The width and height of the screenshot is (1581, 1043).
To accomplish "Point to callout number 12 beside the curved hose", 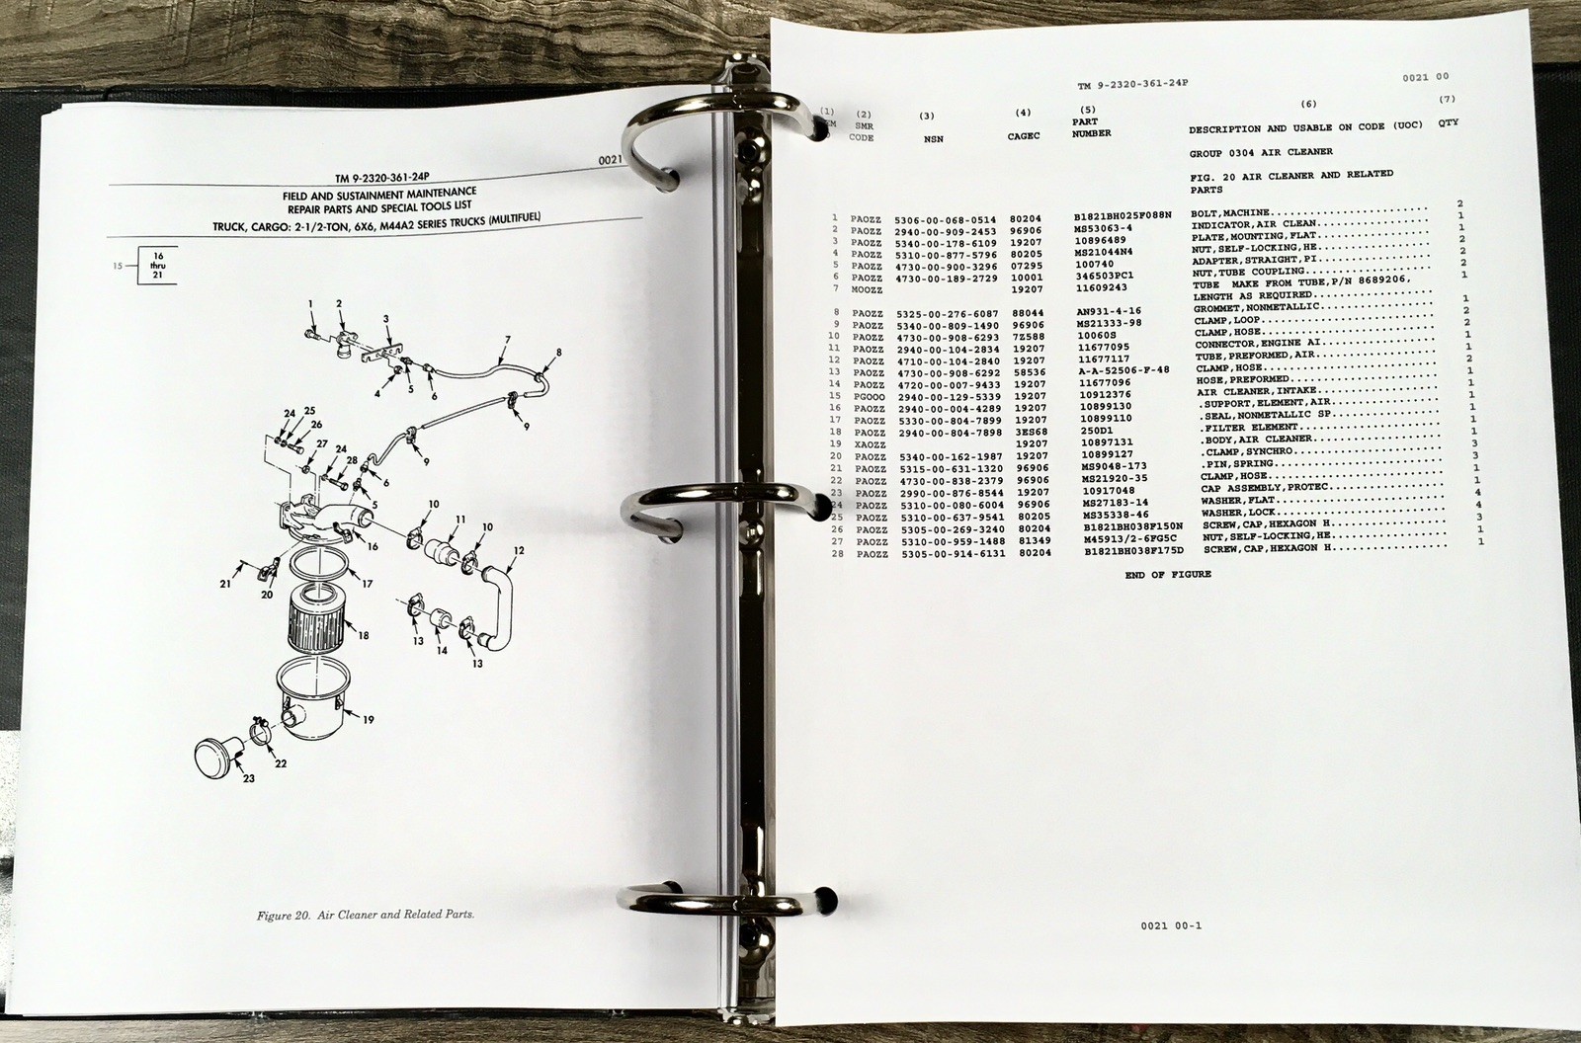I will point(519,550).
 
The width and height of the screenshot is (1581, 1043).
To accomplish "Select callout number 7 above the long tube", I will point(506,340).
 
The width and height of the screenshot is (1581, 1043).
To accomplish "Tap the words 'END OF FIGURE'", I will point(1167,575).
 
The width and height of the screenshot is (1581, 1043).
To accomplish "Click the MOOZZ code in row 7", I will point(867,287).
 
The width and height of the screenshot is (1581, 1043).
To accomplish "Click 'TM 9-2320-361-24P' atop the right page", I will point(1132,85).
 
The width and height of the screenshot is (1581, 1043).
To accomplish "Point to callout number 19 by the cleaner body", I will point(368,720).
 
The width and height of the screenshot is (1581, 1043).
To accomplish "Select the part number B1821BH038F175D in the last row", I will point(1133,552).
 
